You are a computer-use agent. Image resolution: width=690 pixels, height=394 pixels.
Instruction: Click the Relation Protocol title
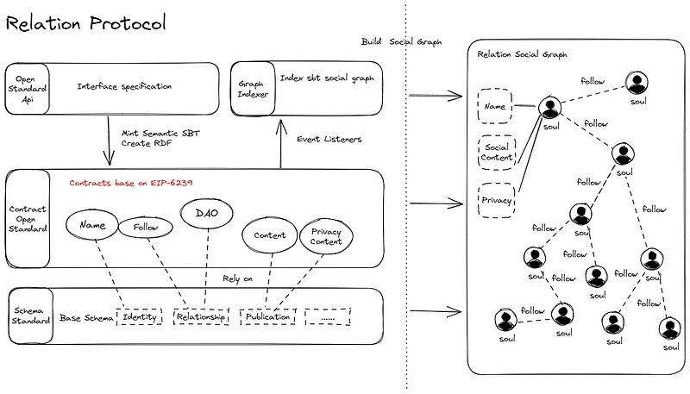pyautogui.click(x=86, y=23)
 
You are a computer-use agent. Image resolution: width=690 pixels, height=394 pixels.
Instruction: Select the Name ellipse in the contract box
pyautogui.click(x=92, y=225)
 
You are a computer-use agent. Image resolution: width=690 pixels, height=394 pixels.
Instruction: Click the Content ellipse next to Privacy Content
pyautogui.click(x=270, y=234)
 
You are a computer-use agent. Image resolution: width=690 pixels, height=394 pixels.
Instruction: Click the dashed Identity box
pyautogui.click(x=140, y=317)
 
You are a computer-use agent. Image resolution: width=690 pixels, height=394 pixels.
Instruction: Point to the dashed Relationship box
pyautogui.click(x=201, y=317)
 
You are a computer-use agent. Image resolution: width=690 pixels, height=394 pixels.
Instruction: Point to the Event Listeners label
pyautogui.click(x=329, y=138)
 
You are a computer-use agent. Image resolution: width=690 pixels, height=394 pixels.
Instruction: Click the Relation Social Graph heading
pyautogui.click(x=522, y=54)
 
